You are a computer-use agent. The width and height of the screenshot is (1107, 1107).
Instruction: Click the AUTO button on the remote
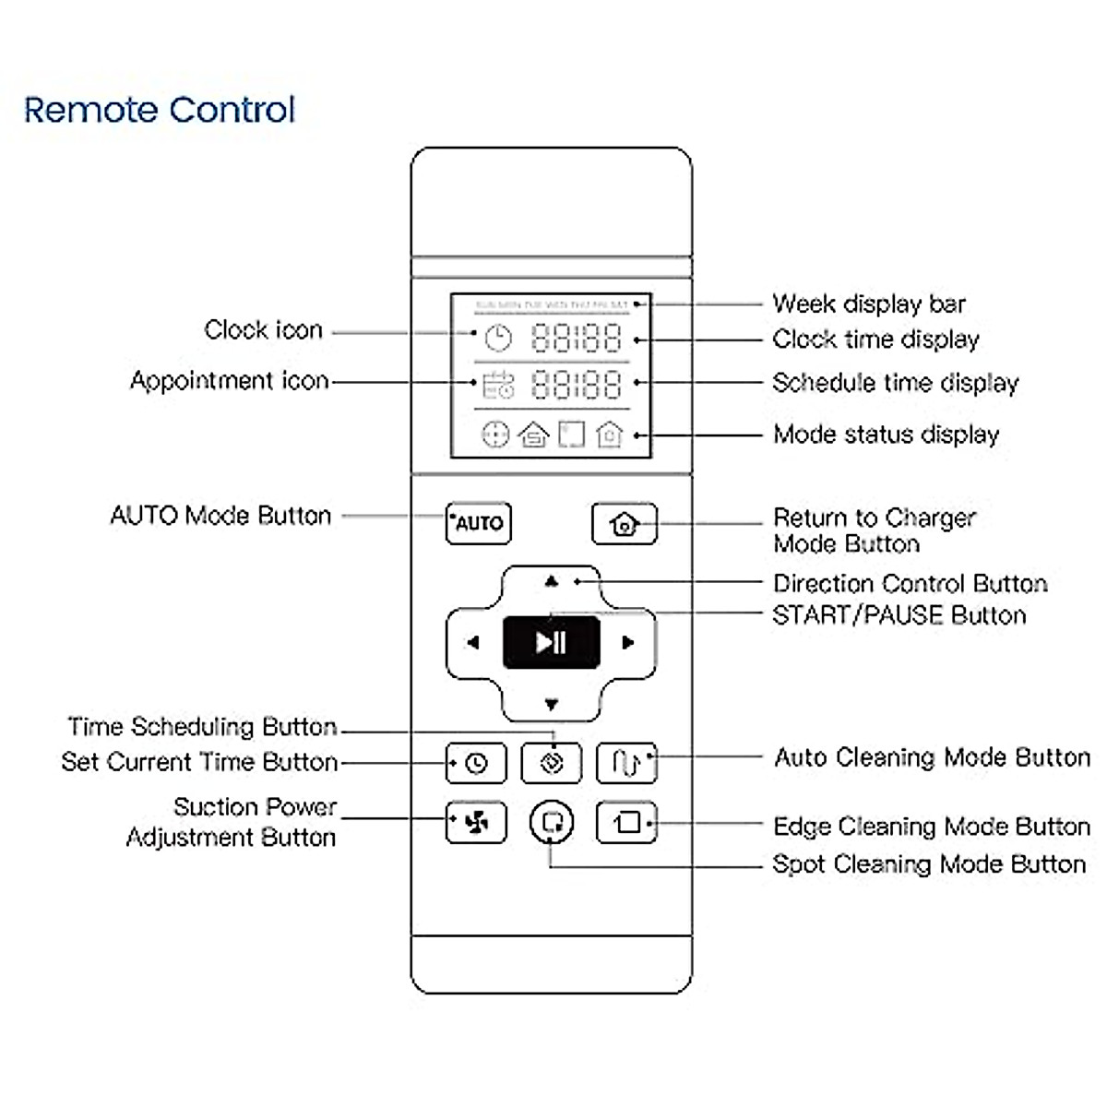click(478, 523)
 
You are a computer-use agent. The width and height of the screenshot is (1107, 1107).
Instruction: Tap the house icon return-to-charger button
click(625, 524)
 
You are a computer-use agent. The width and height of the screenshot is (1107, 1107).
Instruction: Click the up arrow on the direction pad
click(552, 581)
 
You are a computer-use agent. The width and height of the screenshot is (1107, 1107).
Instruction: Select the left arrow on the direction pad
click(472, 643)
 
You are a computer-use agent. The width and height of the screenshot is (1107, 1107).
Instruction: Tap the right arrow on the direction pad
click(628, 643)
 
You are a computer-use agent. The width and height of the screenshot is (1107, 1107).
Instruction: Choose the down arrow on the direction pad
click(552, 705)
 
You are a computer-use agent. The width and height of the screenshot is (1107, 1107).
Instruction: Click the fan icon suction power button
click(476, 822)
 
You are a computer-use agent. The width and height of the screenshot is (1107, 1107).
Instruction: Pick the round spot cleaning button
click(552, 821)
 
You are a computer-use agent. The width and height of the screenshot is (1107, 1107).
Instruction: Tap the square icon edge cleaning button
click(627, 822)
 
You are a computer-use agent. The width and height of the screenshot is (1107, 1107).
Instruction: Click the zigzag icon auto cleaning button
click(627, 763)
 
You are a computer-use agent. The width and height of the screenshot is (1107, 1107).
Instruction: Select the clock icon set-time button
click(476, 764)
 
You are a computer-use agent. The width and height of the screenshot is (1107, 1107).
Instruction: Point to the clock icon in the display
click(498, 339)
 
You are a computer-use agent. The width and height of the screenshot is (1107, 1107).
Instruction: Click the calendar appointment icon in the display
click(498, 384)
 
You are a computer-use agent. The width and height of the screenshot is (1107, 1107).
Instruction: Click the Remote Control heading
click(160, 110)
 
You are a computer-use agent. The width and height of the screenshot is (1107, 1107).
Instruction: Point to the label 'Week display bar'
click(869, 304)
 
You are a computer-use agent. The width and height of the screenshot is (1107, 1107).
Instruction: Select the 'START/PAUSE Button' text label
click(899, 615)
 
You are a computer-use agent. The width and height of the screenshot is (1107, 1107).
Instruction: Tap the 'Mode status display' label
click(887, 434)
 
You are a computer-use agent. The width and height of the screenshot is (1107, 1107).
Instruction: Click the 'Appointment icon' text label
click(230, 381)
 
